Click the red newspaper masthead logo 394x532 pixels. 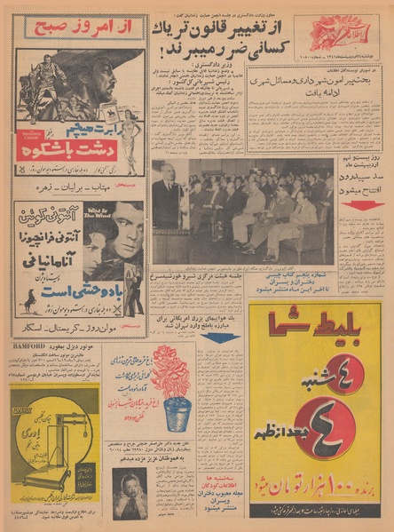[338, 35]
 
